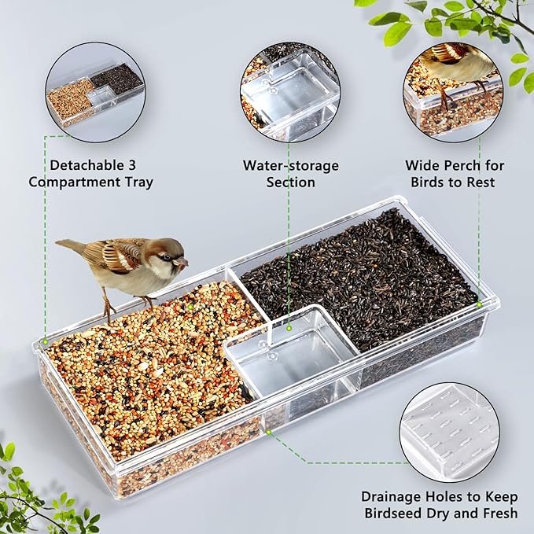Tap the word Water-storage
pos(290,165)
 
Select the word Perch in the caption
pos(471,165)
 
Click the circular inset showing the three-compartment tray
pos(94,93)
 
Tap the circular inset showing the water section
pos(290,93)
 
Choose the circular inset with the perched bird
pos(454,88)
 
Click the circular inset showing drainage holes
pos(449,432)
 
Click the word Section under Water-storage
pos(290,182)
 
